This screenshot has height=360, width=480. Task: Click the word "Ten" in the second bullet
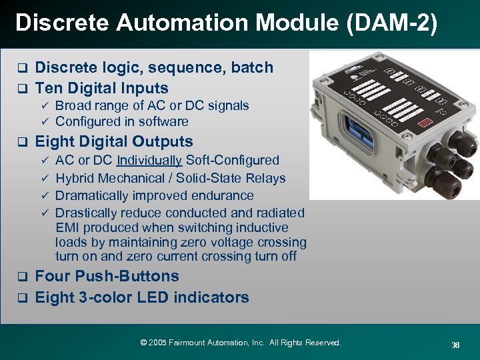point(47,88)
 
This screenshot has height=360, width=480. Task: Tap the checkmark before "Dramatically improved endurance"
point(45,196)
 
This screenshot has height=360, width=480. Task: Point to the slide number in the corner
point(455,345)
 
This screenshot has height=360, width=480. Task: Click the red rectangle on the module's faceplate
point(424,123)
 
